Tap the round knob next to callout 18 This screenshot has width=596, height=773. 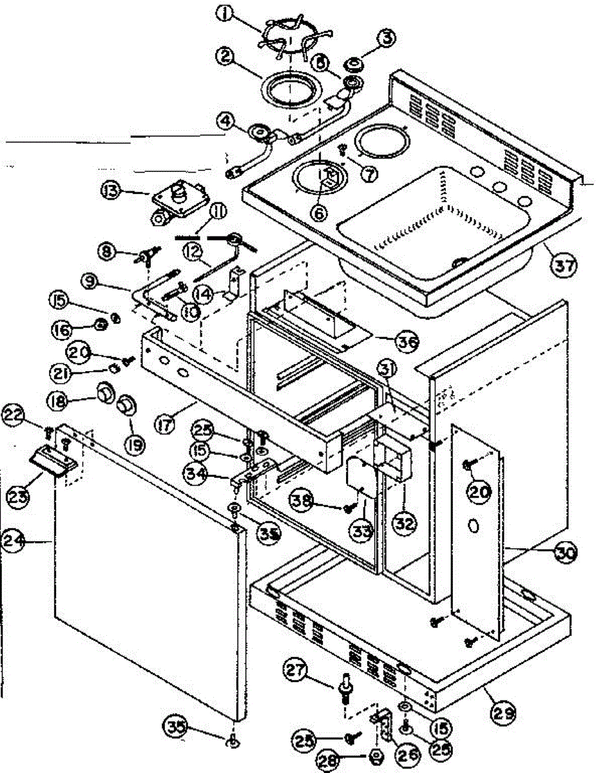click(103, 391)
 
